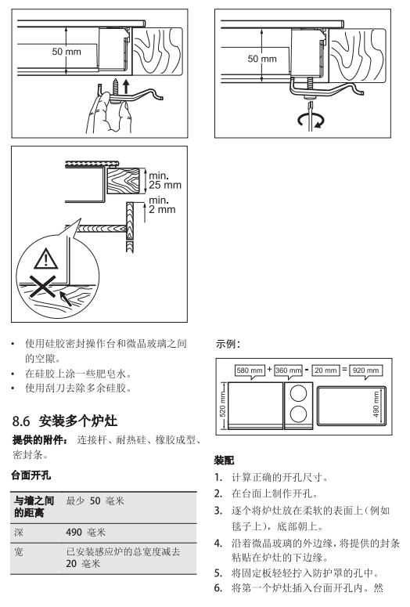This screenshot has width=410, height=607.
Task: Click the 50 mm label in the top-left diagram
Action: tap(67, 52)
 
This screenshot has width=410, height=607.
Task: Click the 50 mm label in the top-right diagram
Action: tap(262, 59)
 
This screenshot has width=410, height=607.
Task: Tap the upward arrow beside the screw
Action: tap(126, 86)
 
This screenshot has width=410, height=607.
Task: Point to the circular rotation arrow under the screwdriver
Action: tap(311, 120)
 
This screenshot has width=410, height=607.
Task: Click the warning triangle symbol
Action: tap(45, 259)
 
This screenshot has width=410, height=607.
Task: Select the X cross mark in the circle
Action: tap(43, 287)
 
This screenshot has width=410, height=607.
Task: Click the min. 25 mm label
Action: tap(165, 180)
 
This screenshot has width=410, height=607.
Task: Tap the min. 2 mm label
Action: tap(162, 205)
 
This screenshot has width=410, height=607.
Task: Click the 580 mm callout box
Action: tap(250, 370)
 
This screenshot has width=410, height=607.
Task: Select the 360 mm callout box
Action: tap(288, 370)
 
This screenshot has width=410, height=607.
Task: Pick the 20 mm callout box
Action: tap(325, 370)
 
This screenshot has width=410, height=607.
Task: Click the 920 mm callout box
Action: tap(366, 370)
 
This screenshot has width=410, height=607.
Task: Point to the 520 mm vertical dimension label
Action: tap(223, 404)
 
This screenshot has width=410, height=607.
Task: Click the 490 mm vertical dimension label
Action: tap(376, 405)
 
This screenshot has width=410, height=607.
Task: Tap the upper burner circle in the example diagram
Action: tap(298, 394)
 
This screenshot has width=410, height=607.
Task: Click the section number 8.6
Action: tap(21, 421)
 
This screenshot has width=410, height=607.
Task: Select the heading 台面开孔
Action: tap(31, 475)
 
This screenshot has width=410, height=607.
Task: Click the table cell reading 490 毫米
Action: tap(85, 533)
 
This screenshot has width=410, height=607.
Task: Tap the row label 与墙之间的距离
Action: tap(34, 507)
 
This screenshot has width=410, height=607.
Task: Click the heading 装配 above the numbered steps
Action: tap(225, 461)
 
